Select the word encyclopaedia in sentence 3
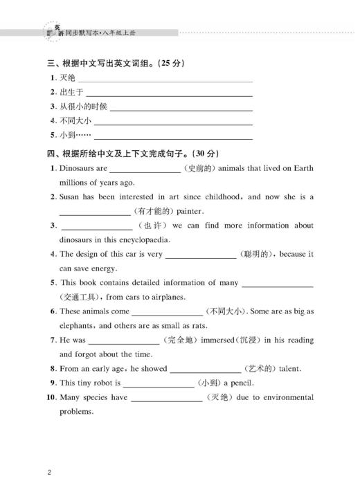tap(142, 241)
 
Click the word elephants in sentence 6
tap(78, 326)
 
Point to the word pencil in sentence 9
tap(242, 383)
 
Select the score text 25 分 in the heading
tap(170, 64)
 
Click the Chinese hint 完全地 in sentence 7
tap(181, 340)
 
